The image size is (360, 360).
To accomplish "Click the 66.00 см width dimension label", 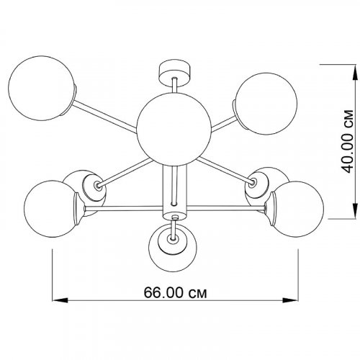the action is point(175,292).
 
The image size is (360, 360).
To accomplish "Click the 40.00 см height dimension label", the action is point(347,142).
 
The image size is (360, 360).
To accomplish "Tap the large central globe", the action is point(174,129).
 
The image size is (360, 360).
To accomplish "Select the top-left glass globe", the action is point(41,88).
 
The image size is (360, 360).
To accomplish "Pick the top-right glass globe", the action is point(266,104).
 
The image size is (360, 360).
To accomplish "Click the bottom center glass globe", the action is point(173,248).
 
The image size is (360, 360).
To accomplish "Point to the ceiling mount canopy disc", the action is point(175,73).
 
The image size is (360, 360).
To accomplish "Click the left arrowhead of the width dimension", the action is point(60,300).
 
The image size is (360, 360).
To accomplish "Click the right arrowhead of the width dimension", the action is point(290,300).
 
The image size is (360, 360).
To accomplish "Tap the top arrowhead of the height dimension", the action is point(355,73).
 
